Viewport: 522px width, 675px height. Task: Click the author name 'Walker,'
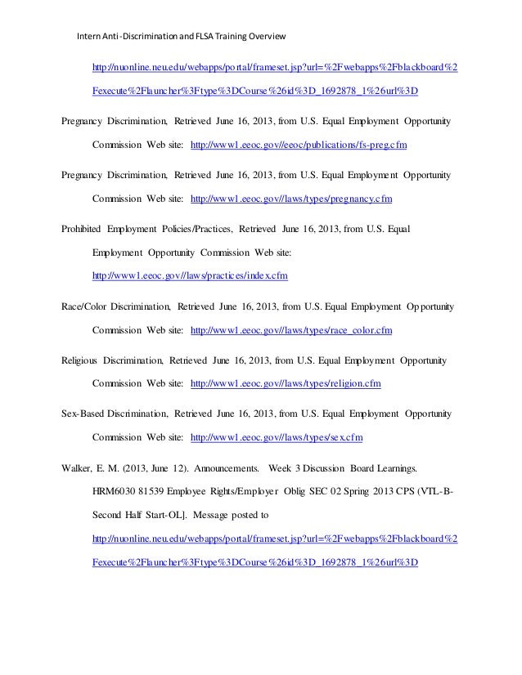click(79, 468)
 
